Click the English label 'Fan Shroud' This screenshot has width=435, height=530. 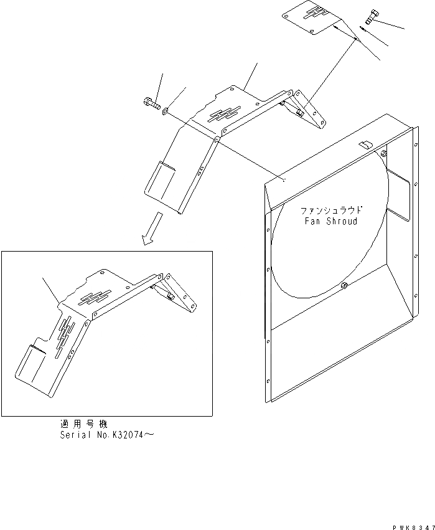(x=330, y=221)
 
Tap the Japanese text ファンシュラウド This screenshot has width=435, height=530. (x=331, y=211)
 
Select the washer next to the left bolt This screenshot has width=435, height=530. (x=165, y=111)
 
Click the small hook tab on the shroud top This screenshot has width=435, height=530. (x=366, y=144)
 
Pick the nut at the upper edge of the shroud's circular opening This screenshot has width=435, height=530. (x=384, y=153)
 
